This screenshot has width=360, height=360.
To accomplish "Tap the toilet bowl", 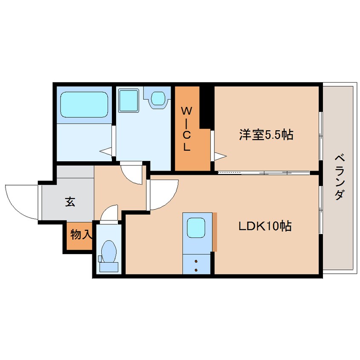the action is point(109,251).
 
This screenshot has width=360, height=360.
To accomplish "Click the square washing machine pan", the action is point(129,100).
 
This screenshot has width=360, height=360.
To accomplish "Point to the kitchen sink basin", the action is point(196,228).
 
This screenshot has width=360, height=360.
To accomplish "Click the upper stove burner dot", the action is point(196,261).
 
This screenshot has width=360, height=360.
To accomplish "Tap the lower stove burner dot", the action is point(196,270).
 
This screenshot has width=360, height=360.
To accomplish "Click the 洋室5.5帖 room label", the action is point(266,134).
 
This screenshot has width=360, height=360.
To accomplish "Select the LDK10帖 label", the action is point(265,226).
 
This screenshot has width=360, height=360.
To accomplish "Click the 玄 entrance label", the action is point(70,201).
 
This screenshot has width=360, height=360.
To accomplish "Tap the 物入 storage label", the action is point(81,234).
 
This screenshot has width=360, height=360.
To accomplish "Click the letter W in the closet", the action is point(186,111).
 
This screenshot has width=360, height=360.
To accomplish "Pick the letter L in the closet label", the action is point(186,147).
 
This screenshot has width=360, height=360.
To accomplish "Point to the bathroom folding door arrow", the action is point(106,151).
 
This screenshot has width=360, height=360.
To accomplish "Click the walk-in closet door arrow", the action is point(220,156).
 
